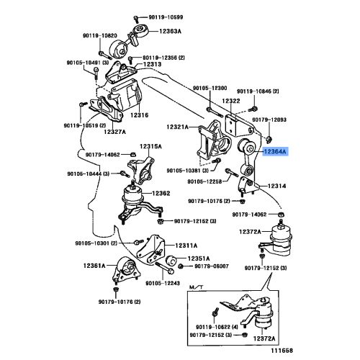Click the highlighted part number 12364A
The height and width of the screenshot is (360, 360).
[275, 152]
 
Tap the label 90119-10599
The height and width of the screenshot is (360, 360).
[166, 17]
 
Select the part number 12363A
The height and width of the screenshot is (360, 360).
[170, 31]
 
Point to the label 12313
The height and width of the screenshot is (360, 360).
[152, 64]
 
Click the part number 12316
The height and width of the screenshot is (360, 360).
[140, 115]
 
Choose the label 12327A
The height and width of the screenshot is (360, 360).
[114, 132]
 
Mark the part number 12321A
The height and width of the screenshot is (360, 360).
[178, 127]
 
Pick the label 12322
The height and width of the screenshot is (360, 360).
[231, 101]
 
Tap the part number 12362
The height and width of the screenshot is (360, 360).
[161, 193]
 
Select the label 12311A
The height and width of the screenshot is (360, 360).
[186, 246]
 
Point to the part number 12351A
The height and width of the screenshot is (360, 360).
[199, 258]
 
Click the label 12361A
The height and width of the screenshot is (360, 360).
[94, 266]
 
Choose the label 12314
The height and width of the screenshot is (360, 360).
[276, 186]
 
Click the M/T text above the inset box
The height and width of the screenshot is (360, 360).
[197, 287]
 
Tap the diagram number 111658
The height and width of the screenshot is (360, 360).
[282, 351]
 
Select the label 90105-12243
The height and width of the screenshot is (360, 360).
[163, 284]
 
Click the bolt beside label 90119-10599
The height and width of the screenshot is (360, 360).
[136, 19]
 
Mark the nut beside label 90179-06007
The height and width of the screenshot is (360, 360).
[181, 266]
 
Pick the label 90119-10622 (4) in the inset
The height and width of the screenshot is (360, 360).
[217, 327]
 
